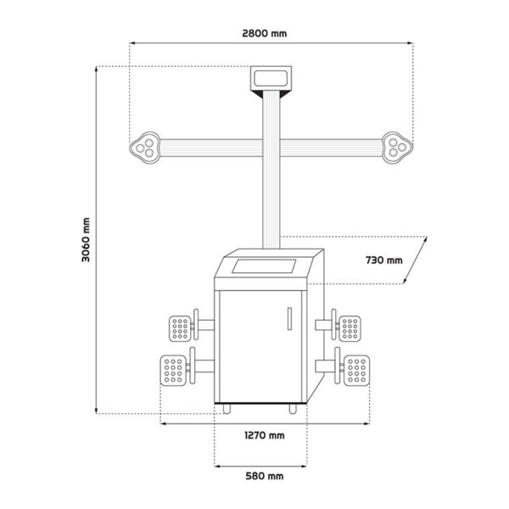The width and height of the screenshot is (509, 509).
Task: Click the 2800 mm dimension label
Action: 271,34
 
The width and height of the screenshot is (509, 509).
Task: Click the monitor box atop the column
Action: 271,79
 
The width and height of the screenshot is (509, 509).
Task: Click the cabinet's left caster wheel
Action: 228,409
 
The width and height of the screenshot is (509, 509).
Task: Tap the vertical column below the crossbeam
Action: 271,204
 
